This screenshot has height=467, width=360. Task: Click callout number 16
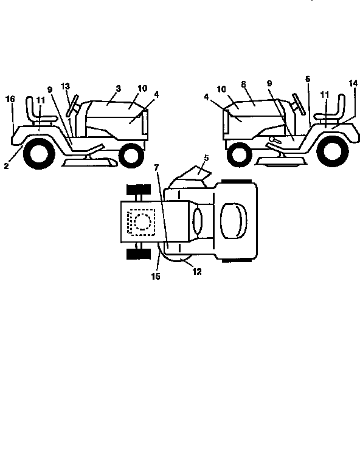10,99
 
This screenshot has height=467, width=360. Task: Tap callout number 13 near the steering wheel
65,86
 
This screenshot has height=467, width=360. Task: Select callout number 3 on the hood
119,88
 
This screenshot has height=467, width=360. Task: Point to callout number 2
7,166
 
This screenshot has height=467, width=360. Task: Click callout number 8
244,85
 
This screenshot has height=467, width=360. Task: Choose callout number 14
353,83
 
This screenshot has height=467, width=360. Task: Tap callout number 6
308,79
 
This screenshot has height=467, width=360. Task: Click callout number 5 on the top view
206,158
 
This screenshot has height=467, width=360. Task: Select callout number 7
157,167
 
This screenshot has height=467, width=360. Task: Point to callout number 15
156,277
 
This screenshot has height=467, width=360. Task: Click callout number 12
197,271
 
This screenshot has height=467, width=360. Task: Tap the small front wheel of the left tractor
131,155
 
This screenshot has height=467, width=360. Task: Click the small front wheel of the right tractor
239,154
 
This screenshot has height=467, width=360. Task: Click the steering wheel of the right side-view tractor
299,104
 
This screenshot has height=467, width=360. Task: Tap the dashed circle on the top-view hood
142,221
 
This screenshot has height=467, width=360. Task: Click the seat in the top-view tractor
234,221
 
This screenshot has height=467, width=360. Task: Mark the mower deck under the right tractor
282,161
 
